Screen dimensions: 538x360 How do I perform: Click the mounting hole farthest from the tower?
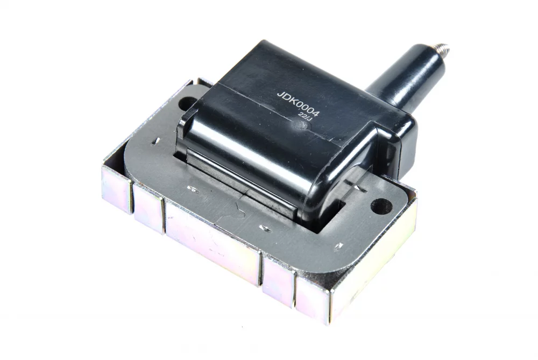click(x=188, y=103)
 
